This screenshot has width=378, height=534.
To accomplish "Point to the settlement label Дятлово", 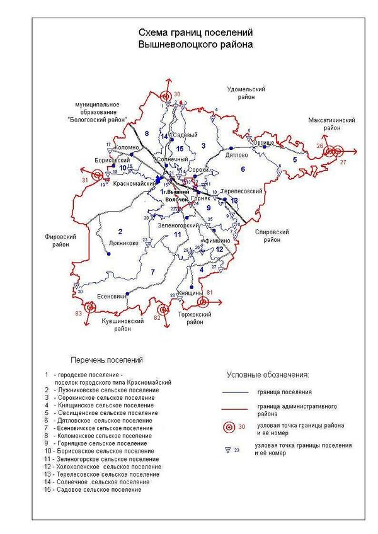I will pos(236,154).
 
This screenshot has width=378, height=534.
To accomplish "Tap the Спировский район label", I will pos(272,236).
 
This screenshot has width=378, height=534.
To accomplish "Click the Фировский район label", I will pos(61,241).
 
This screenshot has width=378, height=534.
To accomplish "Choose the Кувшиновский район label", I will pos(123,324).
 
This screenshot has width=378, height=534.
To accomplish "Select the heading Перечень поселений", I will pos(107,360).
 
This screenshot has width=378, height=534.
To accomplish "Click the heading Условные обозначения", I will pos(268,375).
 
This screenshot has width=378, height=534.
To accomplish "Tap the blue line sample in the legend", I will pos(236,392).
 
